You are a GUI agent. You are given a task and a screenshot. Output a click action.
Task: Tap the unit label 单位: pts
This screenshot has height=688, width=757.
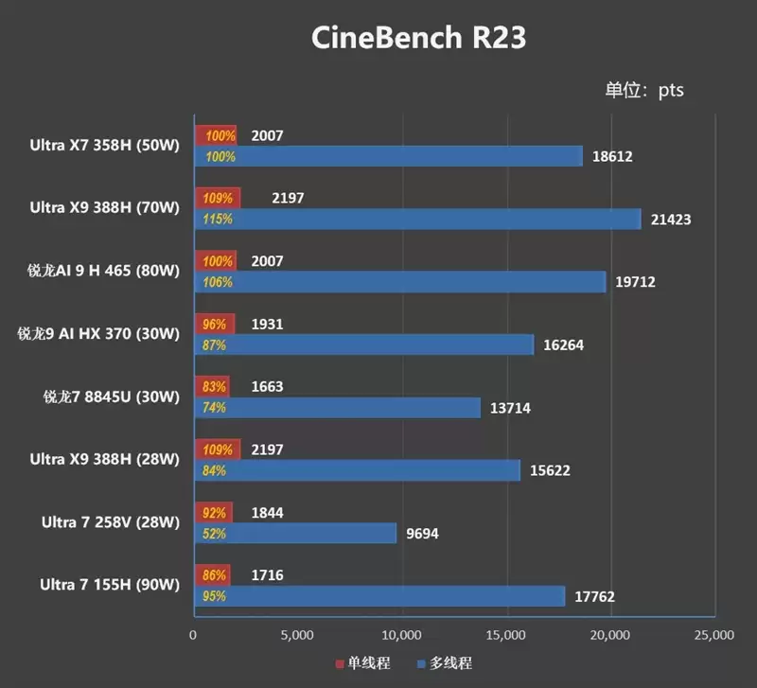coord(643,91)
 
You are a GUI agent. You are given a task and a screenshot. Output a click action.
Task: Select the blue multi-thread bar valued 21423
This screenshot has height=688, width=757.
coord(417,219)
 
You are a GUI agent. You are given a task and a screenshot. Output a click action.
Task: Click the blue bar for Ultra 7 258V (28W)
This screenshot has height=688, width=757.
coord(295,534)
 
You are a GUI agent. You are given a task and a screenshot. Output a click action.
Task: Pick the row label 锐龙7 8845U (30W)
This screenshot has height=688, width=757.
coord(111,397)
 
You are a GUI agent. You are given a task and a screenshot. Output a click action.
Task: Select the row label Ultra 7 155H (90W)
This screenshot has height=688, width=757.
coord(110,585)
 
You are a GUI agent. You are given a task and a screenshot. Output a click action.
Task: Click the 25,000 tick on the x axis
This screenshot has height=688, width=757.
coord(713,634)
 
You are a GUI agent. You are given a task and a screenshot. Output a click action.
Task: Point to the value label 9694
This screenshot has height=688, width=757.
coord(423,534)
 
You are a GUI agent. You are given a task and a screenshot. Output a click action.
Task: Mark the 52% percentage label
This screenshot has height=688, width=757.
coord(214,534)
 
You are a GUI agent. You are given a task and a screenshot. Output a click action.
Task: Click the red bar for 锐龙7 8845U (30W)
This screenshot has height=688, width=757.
coord(212,387)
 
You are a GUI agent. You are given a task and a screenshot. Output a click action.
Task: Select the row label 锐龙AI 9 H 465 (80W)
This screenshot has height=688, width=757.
coord(103,271)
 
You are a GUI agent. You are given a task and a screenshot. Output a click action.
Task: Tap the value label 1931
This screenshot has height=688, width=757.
coord(268,325)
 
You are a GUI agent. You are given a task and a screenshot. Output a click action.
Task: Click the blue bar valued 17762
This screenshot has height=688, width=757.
coord(378,596)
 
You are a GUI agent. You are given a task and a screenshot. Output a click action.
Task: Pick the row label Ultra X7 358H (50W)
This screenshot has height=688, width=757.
coord(104,145)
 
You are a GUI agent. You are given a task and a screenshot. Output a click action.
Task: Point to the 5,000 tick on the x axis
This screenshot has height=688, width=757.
coord(297,634)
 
